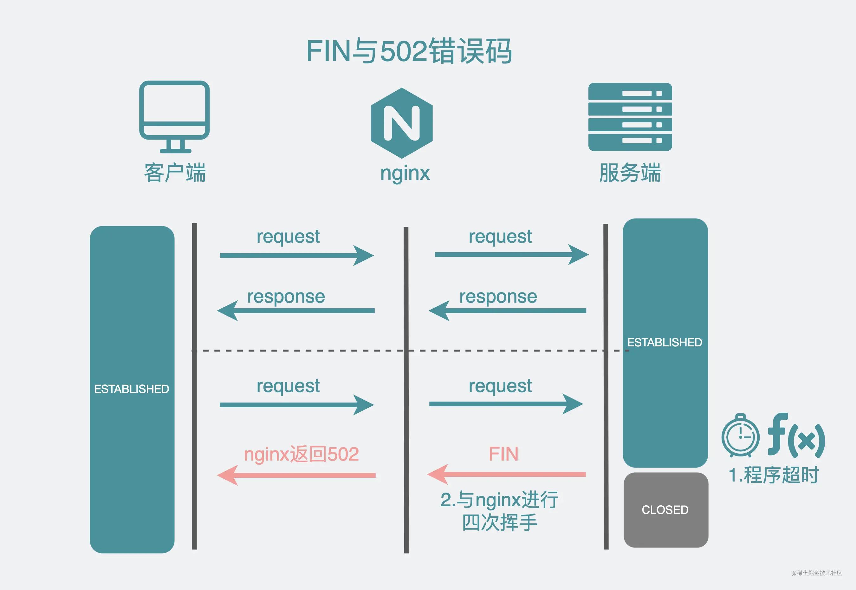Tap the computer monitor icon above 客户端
174,116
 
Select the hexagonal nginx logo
402,123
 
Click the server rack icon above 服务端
630,117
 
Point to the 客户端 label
175,173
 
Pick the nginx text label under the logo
405,173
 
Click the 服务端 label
630,173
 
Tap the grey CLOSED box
666,510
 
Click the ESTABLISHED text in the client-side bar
132,389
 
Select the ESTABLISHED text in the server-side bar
665,342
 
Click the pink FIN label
503,454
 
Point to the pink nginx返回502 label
301,454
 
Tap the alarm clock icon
740,436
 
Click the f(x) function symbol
796,435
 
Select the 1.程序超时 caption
774,475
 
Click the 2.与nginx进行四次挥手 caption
499,511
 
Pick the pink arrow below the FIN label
506,474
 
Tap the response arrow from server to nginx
507,311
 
